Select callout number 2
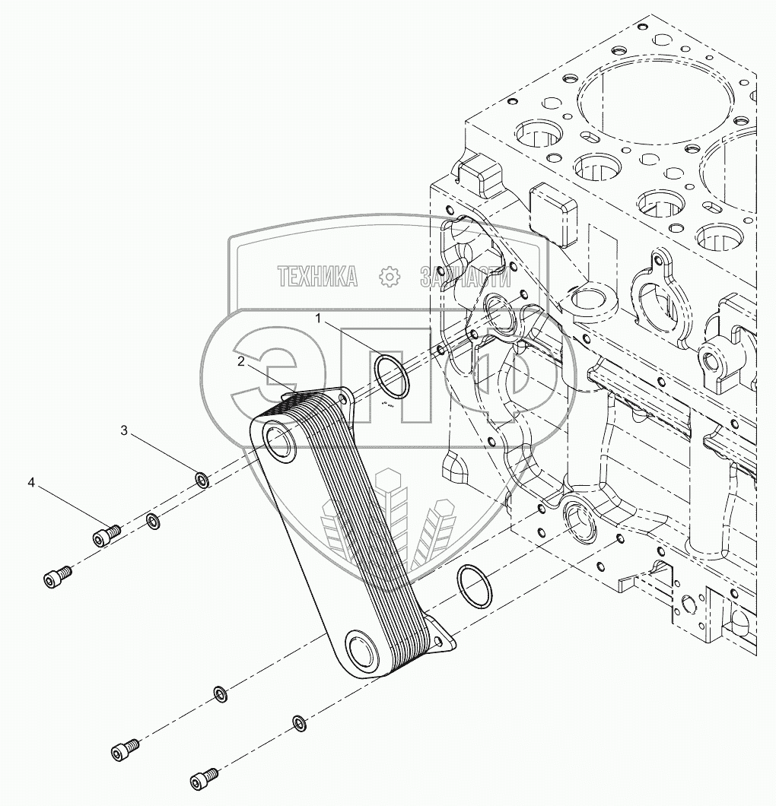tap(240, 362)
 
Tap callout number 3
tap(124, 431)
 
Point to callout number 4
tap(31, 482)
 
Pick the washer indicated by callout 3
tap(202, 480)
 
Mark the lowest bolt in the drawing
tap(203, 779)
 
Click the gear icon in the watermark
tap(389, 277)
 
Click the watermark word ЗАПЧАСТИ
tap(464, 278)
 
